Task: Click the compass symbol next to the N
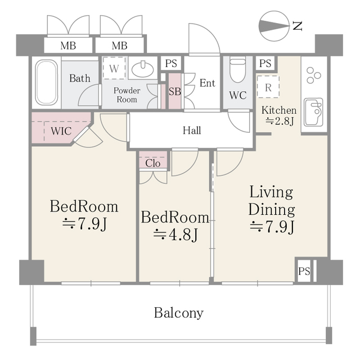coord(274,25)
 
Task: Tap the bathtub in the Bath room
coord(46,83)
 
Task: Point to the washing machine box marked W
coord(114,70)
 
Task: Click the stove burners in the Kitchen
coord(313,74)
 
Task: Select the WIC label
coord(60,130)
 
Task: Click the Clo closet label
coord(153,163)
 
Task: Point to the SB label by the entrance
coord(175,90)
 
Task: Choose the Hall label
coord(192,130)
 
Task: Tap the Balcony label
coord(179,313)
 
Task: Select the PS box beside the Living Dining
coord(304,272)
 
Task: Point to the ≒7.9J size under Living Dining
coord(272,227)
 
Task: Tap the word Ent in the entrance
coord(207,83)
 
